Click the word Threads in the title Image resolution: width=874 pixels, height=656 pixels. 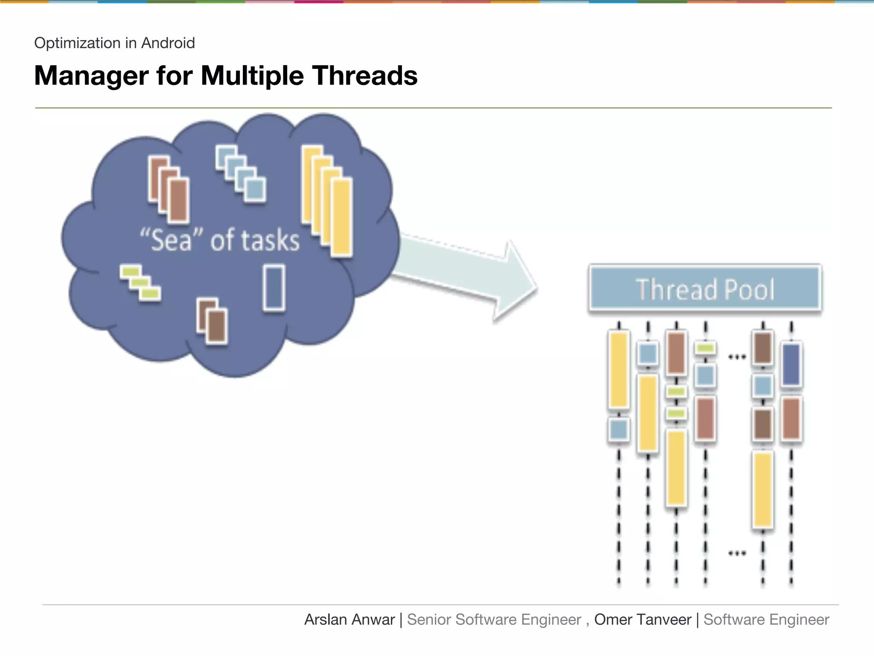point(365,76)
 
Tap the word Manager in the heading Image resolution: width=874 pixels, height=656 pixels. point(91,76)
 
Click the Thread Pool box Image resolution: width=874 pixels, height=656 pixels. point(705,288)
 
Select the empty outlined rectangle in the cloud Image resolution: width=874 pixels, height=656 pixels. point(274,288)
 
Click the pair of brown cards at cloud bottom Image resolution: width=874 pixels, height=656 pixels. point(213,321)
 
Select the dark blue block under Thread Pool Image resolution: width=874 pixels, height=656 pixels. point(791,364)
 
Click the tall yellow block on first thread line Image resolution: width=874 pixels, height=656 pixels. point(618,370)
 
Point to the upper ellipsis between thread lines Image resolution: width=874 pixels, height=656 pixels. point(737,357)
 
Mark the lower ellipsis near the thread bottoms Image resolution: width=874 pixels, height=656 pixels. point(737,553)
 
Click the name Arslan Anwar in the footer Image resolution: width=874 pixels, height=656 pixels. point(350,620)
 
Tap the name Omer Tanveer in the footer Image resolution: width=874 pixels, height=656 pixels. point(642,620)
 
